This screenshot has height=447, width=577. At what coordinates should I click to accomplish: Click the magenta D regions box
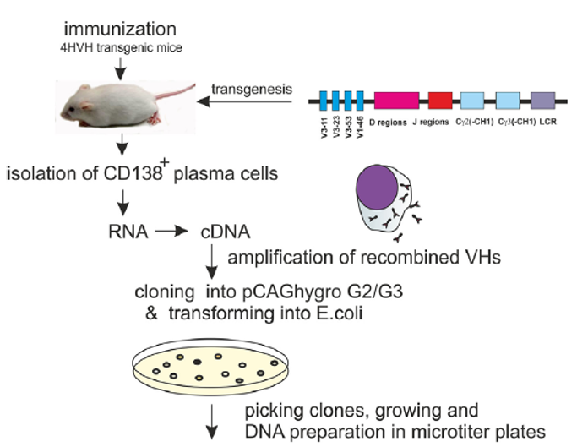click(396, 103)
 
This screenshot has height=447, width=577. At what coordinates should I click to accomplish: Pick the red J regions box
click(441, 103)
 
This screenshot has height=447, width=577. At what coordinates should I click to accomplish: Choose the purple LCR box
click(542, 103)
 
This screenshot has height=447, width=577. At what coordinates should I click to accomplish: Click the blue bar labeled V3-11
click(325, 103)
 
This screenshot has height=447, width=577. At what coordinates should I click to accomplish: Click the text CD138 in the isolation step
click(137, 174)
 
